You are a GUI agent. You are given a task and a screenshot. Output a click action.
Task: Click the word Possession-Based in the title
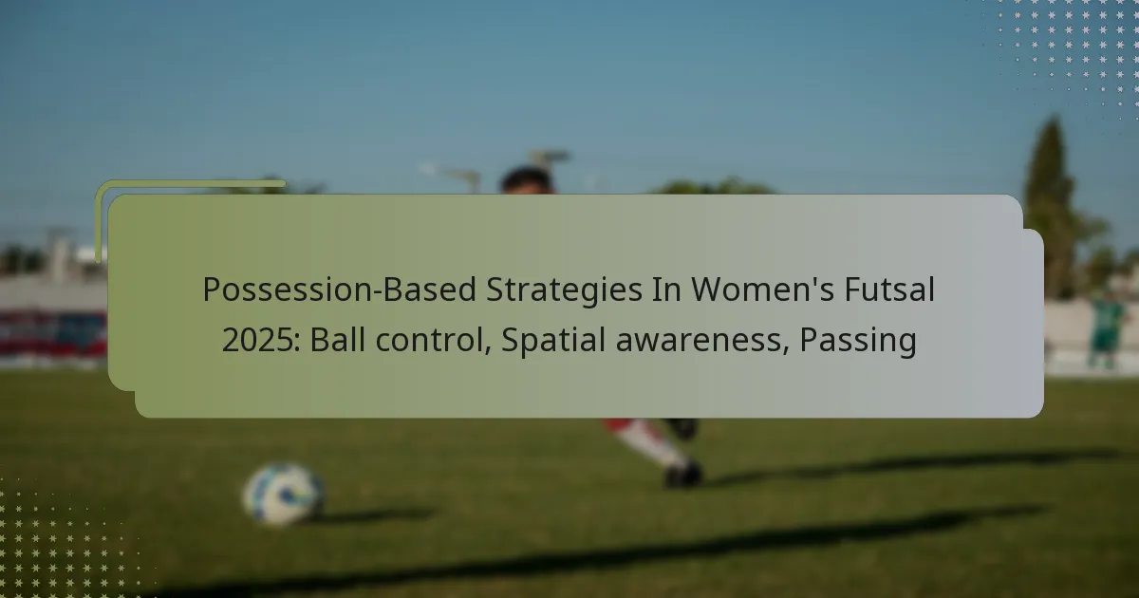pos(341,290)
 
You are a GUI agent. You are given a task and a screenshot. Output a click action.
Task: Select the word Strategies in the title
pos(565,290)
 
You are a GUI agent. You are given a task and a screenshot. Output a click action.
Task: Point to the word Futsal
pos(889,290)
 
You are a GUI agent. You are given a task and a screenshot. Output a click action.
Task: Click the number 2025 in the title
pos(261,340)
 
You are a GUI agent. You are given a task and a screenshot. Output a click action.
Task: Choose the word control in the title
pos(433,340)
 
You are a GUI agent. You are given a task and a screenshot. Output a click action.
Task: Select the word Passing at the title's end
pos(858,341)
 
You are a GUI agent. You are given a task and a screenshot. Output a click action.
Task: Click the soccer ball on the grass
pos(283,494)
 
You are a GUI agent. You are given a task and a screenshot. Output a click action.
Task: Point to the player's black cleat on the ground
pos(683,474)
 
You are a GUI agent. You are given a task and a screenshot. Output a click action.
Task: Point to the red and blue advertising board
pos(53,333)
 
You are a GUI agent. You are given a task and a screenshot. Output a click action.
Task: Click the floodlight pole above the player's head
pos(549,158)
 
